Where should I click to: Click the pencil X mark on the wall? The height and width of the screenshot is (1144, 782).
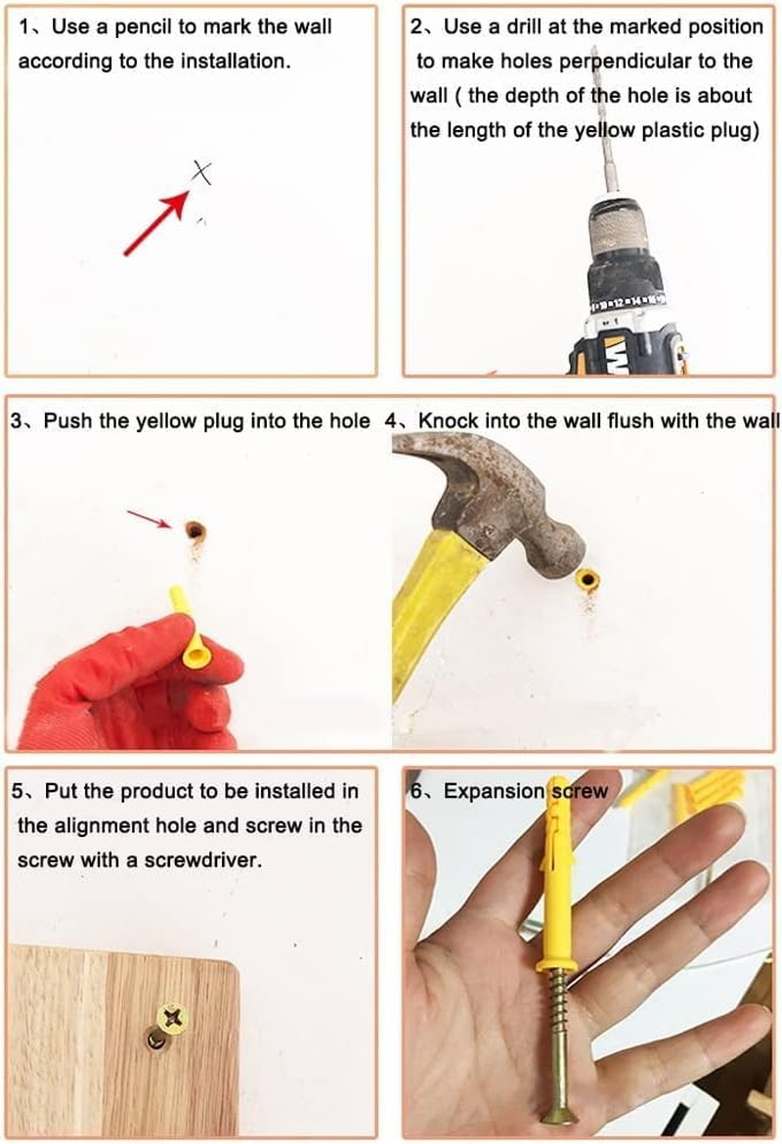(x=201, y=173)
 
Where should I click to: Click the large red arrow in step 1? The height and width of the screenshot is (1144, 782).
(x=156, y=223)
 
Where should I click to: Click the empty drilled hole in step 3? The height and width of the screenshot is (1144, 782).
(x=195, y=530)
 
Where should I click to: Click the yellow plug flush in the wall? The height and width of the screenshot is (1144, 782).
(x=587, y=581)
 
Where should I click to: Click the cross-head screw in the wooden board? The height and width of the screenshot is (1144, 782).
(x=172, y=1016)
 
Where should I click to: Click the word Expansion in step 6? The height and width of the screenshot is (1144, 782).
(x=494, y=792)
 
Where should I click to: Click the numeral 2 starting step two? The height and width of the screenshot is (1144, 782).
(x=415, y=27)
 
